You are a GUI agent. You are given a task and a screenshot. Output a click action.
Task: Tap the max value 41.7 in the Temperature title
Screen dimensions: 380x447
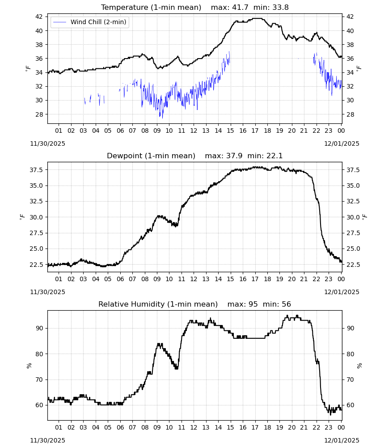click(241, 8)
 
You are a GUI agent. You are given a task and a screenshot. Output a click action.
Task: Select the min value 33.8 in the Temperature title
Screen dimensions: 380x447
click(280, 8)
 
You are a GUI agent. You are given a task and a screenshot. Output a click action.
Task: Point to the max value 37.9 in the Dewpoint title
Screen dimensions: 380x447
click(234, 156)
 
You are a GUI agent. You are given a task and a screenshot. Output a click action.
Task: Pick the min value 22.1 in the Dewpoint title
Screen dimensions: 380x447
click(274, 156)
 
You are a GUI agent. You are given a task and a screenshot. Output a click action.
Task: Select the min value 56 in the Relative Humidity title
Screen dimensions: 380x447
click(287, 304)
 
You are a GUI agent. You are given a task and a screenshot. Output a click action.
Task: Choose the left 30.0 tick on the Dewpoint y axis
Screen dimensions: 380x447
click(37, 217)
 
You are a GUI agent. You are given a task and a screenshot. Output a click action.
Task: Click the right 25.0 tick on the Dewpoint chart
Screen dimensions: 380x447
click(353, 249)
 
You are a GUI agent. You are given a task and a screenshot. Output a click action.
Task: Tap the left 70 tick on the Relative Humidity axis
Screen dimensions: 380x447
click(39, 380)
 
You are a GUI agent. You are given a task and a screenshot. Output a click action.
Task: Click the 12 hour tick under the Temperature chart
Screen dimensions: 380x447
click(194, 131)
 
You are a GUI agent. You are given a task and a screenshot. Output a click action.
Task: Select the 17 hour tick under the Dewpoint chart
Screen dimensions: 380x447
click(255, 279)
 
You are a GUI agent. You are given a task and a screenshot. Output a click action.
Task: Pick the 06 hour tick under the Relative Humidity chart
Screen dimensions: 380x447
click(120, 427)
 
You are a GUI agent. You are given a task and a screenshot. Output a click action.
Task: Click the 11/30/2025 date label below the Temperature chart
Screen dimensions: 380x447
click(47, 143)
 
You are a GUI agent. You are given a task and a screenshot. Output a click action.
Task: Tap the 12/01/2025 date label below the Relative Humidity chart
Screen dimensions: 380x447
click(342, 440)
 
